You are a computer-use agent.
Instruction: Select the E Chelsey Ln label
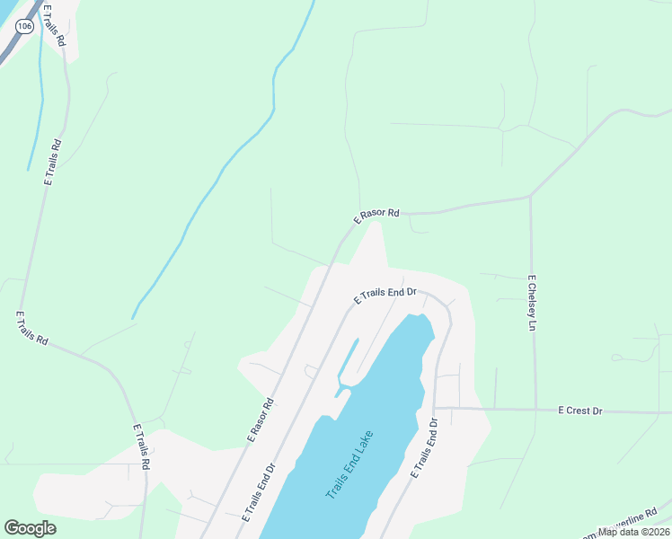tap(532, 303)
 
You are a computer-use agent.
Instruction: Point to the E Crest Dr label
tap(579, 411)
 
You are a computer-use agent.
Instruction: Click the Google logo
tap(30, 528)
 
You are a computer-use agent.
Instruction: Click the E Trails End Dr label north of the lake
tap(385, 295)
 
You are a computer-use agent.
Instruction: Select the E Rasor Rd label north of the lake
tap(376, 216)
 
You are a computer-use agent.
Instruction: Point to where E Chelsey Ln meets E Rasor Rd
tap(531, 196)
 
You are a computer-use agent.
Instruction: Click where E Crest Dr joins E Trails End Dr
tap(435, 408)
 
